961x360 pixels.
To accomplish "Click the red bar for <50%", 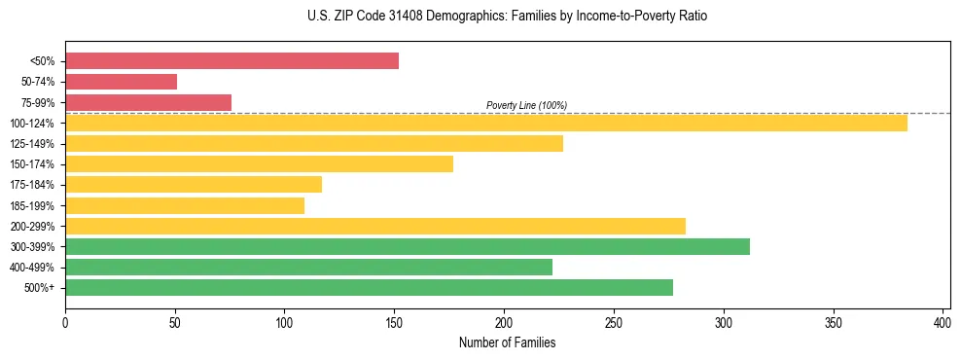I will (x=231, y=61).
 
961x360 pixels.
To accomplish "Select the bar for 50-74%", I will (x=121, y=82).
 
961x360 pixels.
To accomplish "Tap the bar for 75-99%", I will (x=148, y=102).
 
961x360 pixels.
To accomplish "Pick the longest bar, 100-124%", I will (x=485, y=123).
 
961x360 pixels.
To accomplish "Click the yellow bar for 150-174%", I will (x=259, y=163).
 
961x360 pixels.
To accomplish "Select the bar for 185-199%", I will (x=184, y=205).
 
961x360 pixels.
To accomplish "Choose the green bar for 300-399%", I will (x=407, y=246).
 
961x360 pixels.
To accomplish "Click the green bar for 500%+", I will (x=369, y=287).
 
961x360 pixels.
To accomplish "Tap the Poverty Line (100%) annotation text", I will (x=526, y=105).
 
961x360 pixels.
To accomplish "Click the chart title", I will (x=480, y=17).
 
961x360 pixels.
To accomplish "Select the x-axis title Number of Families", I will (x=507, y=342).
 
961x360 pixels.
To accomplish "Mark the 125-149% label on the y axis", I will (x=34, y=144).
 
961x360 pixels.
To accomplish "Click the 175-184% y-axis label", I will (x=34, y=185).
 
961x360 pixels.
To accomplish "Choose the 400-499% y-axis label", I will (x=34, y=268).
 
